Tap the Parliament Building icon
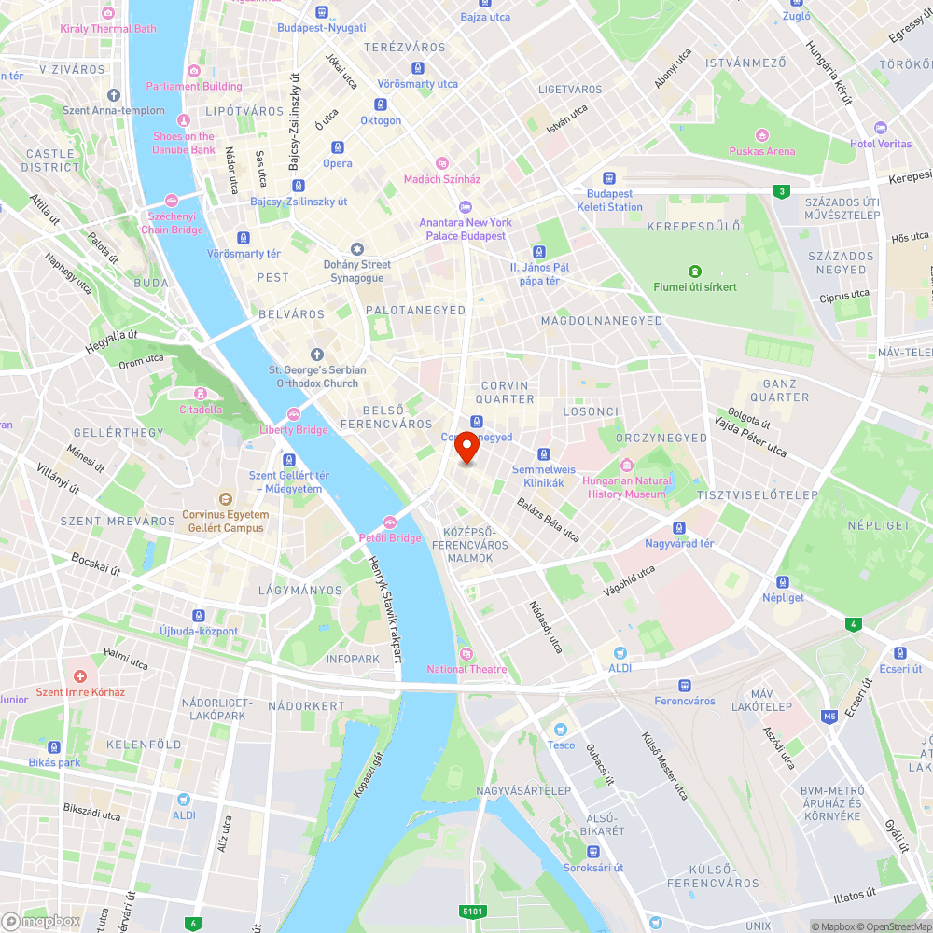pos(194,71)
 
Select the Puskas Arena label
pos(762,151)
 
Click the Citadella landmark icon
pos(201,393)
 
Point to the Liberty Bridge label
pos(294,430)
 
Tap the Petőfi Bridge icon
pos(390,522)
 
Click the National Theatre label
pos(466,669)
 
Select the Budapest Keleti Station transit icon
pos(609,178)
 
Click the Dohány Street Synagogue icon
pos(356,249)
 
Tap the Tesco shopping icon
pos(561,730)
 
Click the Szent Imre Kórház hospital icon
pos(79,676)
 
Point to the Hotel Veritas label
pos(880,144)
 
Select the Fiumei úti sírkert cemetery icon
pos(694,272)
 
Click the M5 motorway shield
pos(829,717)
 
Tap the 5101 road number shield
pos(473,911)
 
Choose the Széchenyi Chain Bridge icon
pos(171,201)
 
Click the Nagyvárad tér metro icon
pos(679,528)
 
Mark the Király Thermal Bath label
pos(108,29)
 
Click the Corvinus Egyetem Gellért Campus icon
pos(224,499)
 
